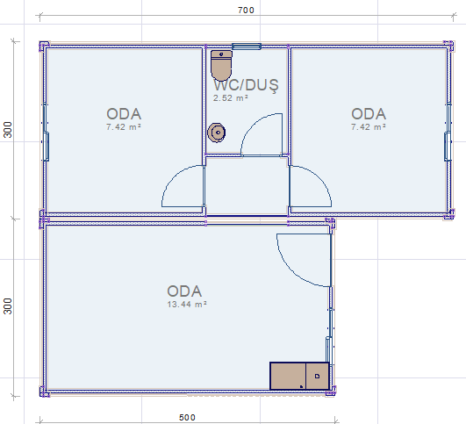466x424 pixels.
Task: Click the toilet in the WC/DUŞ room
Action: click(221, 66)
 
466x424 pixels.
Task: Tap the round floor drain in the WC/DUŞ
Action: click(217, 133)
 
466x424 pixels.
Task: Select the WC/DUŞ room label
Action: click(246, 85)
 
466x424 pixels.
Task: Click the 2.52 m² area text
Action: click(230, 97)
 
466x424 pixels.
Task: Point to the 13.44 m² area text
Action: click(187, 304)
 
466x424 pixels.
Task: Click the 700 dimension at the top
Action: click(246, 11)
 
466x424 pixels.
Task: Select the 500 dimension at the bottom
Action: click(187, 418)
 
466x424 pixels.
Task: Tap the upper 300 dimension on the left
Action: click(8, 130)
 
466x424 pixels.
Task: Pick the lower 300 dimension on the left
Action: click(8, 306)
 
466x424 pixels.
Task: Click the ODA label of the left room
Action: click(124, 114)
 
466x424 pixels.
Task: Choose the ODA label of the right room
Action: click(369, 114)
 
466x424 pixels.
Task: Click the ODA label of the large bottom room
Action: click(184, 291)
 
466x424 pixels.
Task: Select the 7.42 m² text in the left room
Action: click(124, 127)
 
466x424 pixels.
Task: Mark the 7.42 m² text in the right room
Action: click(369, 127)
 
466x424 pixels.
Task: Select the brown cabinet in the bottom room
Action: click(299, 376)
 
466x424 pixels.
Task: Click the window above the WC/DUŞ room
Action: click(247, 47)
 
